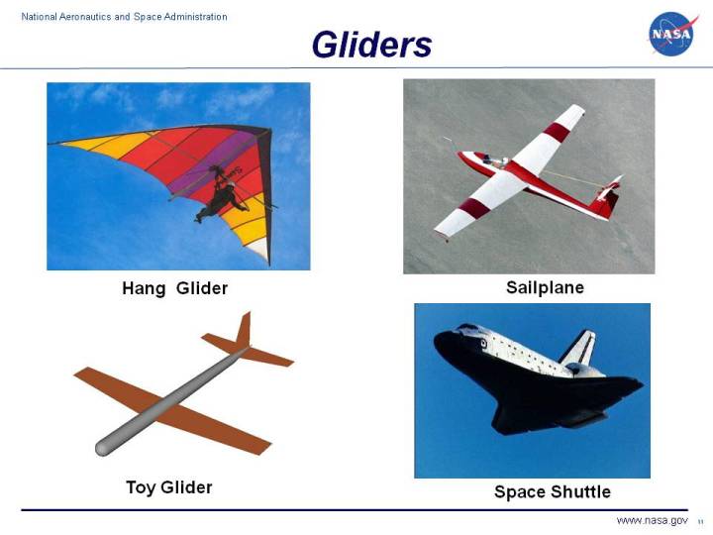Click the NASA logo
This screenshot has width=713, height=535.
pos(673,34)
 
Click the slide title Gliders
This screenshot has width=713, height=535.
pos(371,45)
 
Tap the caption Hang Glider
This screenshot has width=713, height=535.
pos(175,288)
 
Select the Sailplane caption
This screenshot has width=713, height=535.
pos(545,287)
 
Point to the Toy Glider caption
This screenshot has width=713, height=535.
pos(169,487)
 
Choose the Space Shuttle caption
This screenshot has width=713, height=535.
pos(553,491)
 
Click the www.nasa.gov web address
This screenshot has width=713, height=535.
pos(652,521)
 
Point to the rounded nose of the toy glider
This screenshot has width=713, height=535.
pos(103,449)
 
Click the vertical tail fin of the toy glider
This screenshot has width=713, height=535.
pos(243,330)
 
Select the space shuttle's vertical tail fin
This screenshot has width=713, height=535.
pos(578,348)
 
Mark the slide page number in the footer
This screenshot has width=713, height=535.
pos(700,522)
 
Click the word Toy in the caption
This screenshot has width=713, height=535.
pos(142,487)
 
